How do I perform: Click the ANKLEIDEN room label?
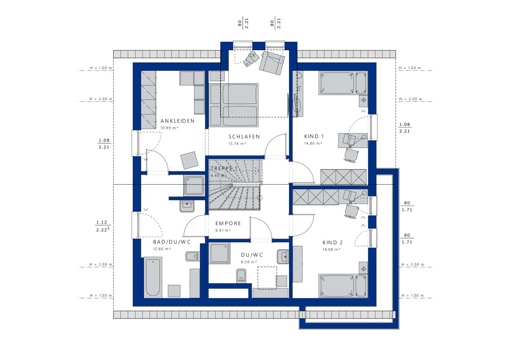[x=177, y=121]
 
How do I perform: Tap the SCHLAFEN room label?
[x=244, y=136]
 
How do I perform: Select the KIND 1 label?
[x=314, y=136]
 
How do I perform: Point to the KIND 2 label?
[x=333, y=243]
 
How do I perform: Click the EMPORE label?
[x=228, y=224]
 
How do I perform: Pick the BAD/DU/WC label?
[x=172, y=242]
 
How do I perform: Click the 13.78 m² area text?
[x=237, y=144]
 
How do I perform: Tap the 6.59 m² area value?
[x=249, y=262]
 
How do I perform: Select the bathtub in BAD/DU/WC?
[x=153, y=278]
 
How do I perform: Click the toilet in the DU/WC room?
[x=241, y=276]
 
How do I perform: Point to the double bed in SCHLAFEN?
[x=234, y=105]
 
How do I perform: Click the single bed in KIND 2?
[x=343, y=286]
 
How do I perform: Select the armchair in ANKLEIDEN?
[x=189, y=160]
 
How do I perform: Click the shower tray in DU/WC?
[x=219, y=253]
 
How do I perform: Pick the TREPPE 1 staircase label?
[x=224, y=168]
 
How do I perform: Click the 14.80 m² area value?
[x=313, y=144]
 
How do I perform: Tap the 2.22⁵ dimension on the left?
[x=103, y=230]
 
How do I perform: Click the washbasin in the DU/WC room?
[x=283, y=257]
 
